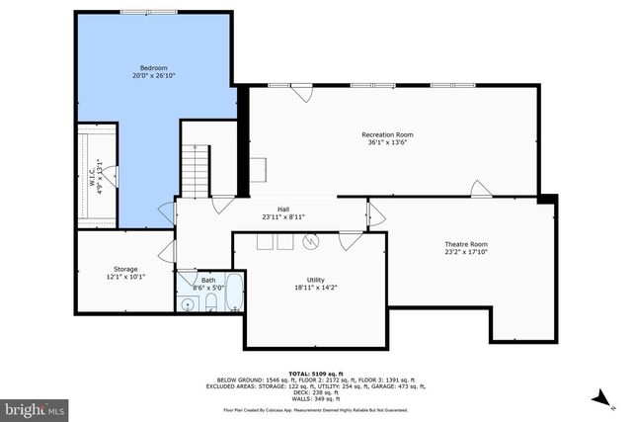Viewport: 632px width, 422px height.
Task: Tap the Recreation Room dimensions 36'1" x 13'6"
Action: click(x=387, y=142)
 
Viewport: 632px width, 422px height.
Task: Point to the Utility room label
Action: click(x=315, y=280)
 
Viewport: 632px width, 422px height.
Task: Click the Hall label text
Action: click(x=283, y=210)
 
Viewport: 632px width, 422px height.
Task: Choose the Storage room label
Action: click(x=125, y=269)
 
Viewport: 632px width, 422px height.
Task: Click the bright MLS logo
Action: click(x=35, y=407)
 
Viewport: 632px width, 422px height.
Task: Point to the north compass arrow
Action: click(x=599, y=397)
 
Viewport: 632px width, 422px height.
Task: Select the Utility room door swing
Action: click(x=351, y=240)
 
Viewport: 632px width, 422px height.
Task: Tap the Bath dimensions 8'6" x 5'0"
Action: click(x=208, y=288)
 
